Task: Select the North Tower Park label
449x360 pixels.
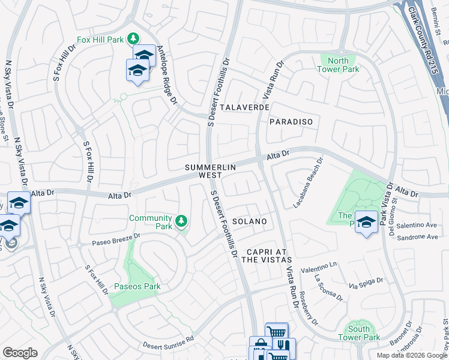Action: coord(339,65)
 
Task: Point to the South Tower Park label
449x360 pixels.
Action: coord(359,333)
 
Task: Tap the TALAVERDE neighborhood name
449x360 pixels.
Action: coord(244,107)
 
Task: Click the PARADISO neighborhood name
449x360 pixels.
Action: coord(291,122)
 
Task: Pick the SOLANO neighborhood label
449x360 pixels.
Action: coord(249,221)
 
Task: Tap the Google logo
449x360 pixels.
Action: coord(20,353)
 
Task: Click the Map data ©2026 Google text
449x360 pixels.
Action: coord(411,355)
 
